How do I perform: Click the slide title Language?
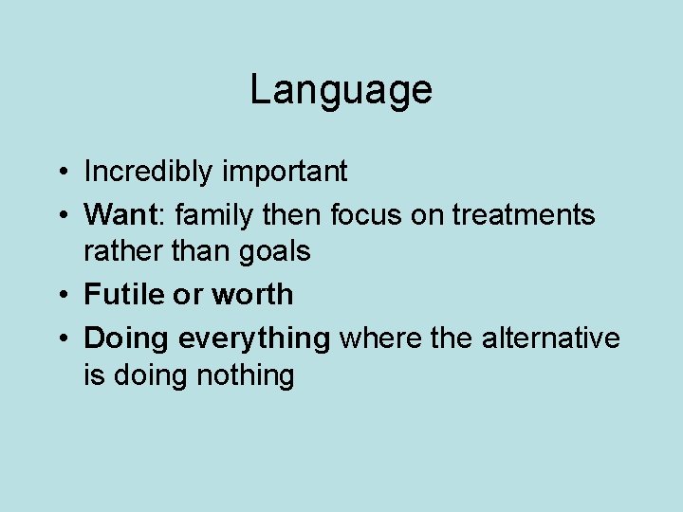pos(341,90)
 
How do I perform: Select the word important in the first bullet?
pos(285,172)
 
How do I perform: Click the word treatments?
pos(523,215)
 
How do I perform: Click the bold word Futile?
pos(123,295)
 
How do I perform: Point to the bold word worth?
pos(252,295)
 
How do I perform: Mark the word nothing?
pos(245,376)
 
